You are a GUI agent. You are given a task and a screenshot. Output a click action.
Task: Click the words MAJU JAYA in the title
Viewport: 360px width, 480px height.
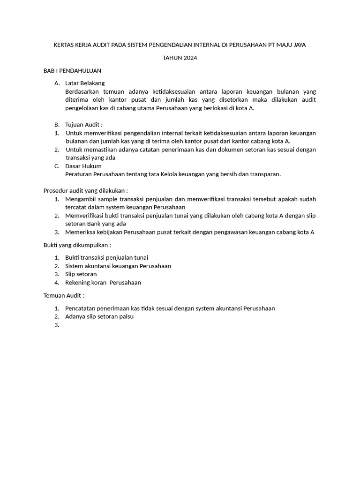[x=294, y=45]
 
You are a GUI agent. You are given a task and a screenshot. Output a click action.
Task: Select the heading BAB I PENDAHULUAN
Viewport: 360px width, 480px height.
[x=72, y=71]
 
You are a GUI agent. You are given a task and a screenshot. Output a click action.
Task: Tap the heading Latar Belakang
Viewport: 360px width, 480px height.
[x=85, y=83]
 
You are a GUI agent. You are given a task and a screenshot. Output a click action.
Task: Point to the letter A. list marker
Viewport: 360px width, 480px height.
[x=57, y=83]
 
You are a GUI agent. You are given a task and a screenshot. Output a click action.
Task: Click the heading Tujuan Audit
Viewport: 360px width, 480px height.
[x=84, y=125]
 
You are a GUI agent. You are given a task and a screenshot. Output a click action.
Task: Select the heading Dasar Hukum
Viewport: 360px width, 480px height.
[x=83, y=166]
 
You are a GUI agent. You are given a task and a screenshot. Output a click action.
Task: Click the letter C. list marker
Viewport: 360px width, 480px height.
[x=57, y=166]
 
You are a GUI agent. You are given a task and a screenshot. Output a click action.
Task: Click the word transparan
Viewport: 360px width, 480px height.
[x=264, y=174]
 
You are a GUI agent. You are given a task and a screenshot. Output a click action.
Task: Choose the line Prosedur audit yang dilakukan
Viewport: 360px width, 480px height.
[x=85, y=191]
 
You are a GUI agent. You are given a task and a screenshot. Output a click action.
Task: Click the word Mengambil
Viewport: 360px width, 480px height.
[x=81, y=199]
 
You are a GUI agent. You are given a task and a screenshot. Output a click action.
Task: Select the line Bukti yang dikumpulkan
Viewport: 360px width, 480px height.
[x=77, y=245]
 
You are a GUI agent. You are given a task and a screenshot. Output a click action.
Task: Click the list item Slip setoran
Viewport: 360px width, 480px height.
[x=81, y=274]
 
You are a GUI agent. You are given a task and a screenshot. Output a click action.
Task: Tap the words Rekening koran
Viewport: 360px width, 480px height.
[x=86, y=283]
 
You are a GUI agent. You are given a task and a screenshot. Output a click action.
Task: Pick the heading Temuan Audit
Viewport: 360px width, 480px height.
[x=64, y=296]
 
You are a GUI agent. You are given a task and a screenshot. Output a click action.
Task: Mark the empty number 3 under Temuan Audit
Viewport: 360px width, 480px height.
[x=57, y=325]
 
